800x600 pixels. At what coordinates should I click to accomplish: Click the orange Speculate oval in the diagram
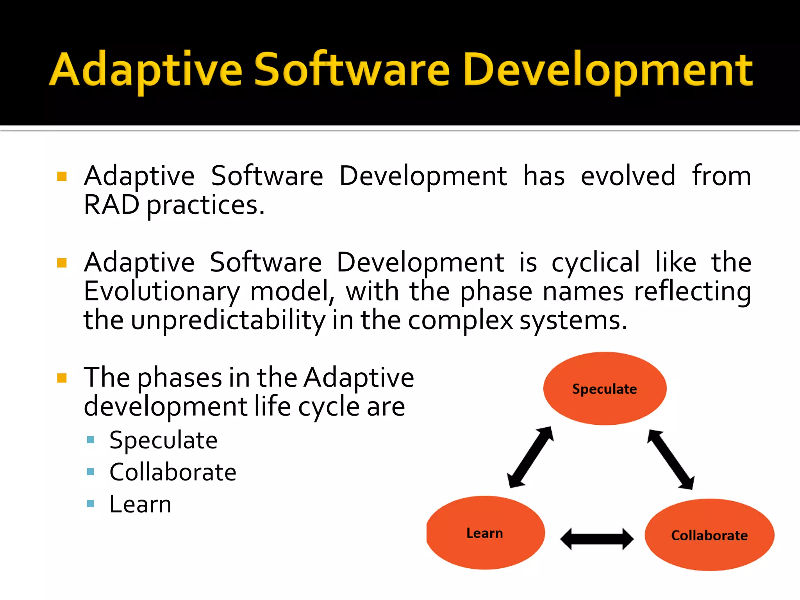[x=605, y=389]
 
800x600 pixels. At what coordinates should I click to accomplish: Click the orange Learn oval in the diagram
[x=485, y=533]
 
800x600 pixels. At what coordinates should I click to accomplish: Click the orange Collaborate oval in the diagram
[x=709, y=535]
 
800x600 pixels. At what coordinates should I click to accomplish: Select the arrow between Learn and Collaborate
[x=597, y=539]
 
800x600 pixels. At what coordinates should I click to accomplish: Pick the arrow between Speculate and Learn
[x=530, y=457]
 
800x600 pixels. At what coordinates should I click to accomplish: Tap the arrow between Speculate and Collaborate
[x=670, y=459]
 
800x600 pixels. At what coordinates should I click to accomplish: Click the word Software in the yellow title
[x=352, y=70]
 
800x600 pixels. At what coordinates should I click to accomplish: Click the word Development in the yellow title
[x=607, y=70]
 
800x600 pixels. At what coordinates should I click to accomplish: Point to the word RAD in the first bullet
[x=111, y=205]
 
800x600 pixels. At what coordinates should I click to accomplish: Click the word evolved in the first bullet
[x=628, y=176]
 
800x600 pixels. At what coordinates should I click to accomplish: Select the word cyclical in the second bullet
[x=595, y=262]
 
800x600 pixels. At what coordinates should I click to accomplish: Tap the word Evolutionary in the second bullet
[x=162, y=291]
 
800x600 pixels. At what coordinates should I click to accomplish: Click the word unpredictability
[x=228, y=320]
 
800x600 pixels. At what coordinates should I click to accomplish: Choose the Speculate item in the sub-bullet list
[x=163, y=440]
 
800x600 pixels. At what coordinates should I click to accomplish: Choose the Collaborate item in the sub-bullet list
[x=173, y=472]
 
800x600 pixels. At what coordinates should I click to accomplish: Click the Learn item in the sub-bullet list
[x=140, y=504]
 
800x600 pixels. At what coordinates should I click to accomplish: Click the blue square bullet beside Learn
[x=91, y=504]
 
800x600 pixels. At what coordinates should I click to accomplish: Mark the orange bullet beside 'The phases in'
[x=62, y=378]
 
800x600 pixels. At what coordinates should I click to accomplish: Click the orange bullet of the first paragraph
[x=62, y=177]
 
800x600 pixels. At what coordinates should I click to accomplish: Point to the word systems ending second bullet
[x=573, y=320]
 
